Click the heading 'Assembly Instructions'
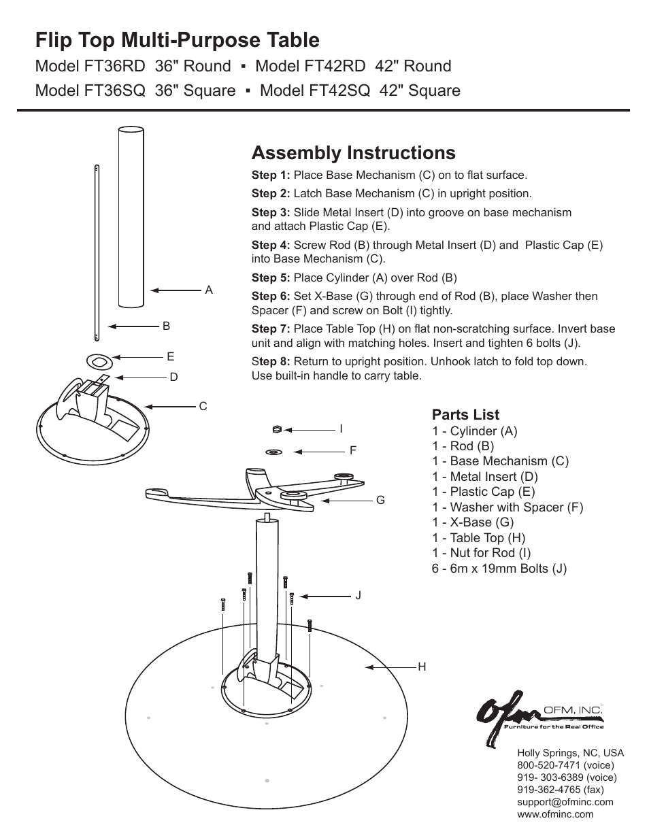353,152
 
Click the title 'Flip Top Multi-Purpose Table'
177,40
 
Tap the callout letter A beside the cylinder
209,290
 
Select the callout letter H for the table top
422,667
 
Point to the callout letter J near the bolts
358,596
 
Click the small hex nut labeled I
276,429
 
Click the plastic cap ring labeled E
97,358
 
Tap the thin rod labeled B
97,252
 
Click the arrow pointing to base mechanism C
170,407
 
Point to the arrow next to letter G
345,501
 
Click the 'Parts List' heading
465,415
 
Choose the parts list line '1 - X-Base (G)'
473,522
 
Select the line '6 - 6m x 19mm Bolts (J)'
499,569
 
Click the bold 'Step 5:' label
271,278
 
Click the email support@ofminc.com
565,802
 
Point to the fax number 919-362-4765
560,790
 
